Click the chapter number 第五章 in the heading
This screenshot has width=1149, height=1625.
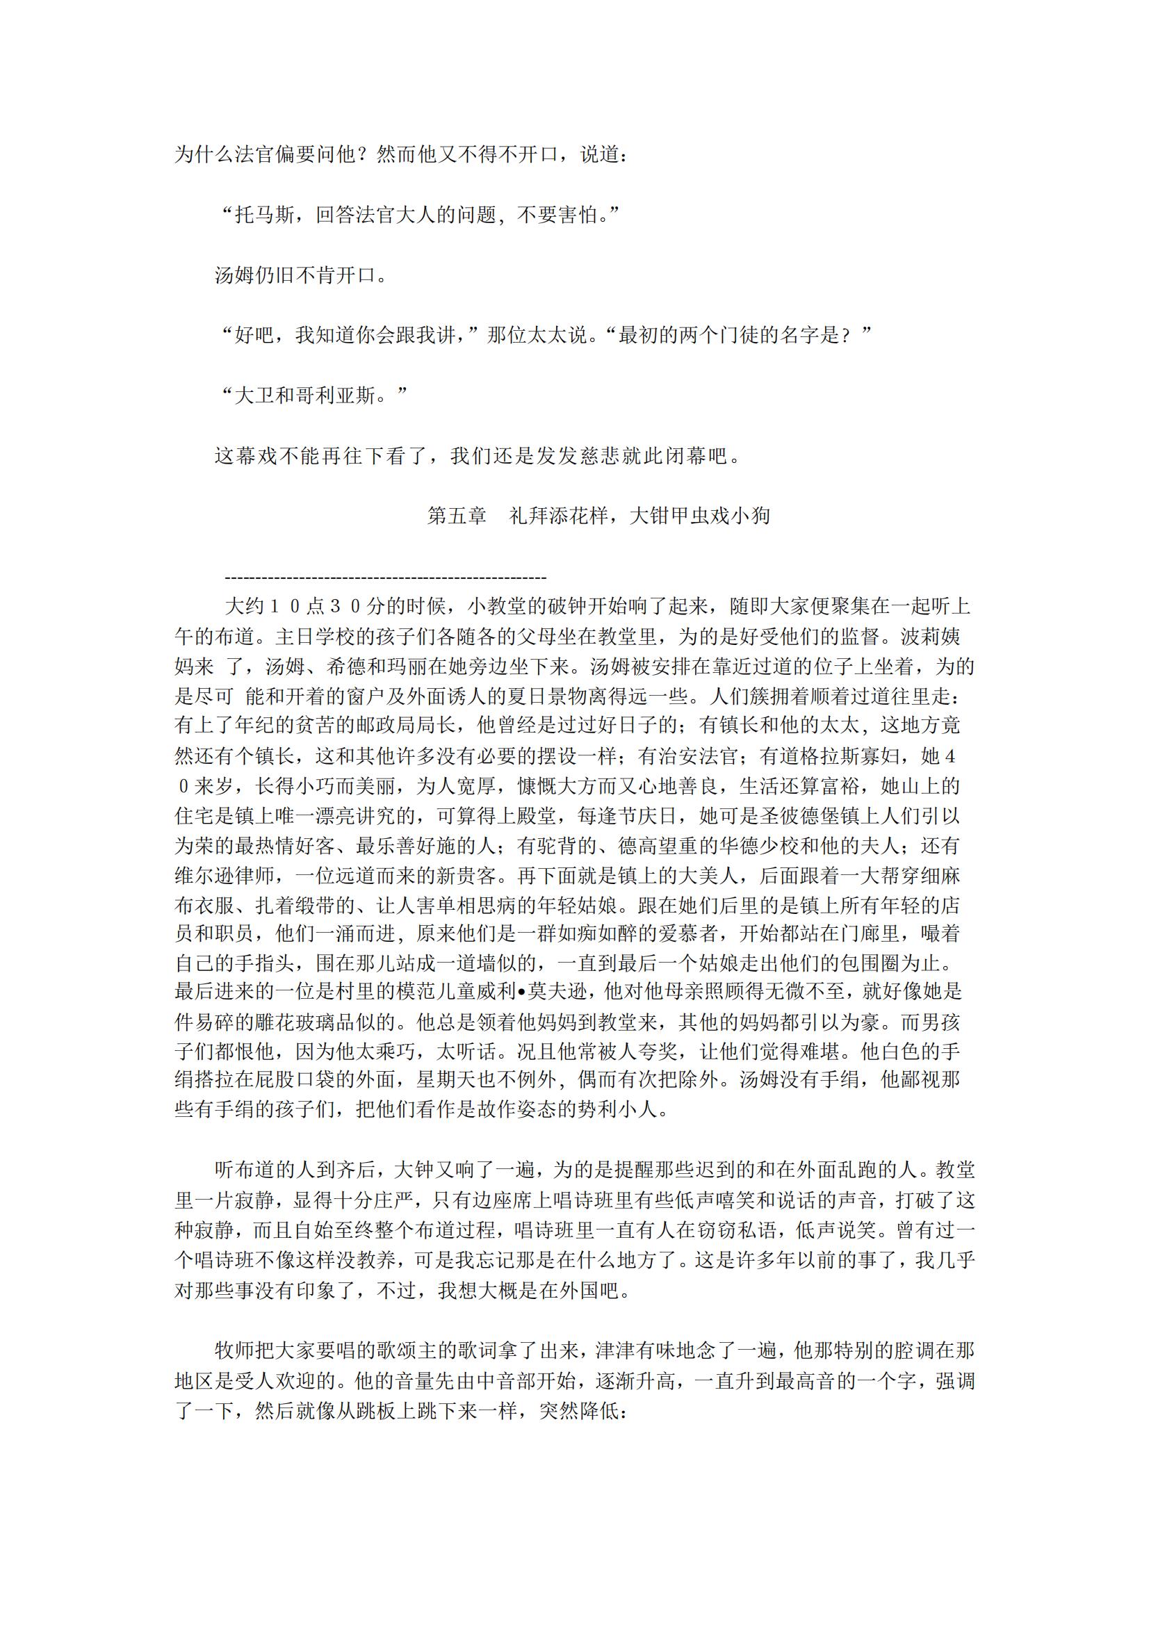457,516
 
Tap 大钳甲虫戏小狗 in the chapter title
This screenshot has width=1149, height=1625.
699,516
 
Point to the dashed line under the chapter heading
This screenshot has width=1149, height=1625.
385,578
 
